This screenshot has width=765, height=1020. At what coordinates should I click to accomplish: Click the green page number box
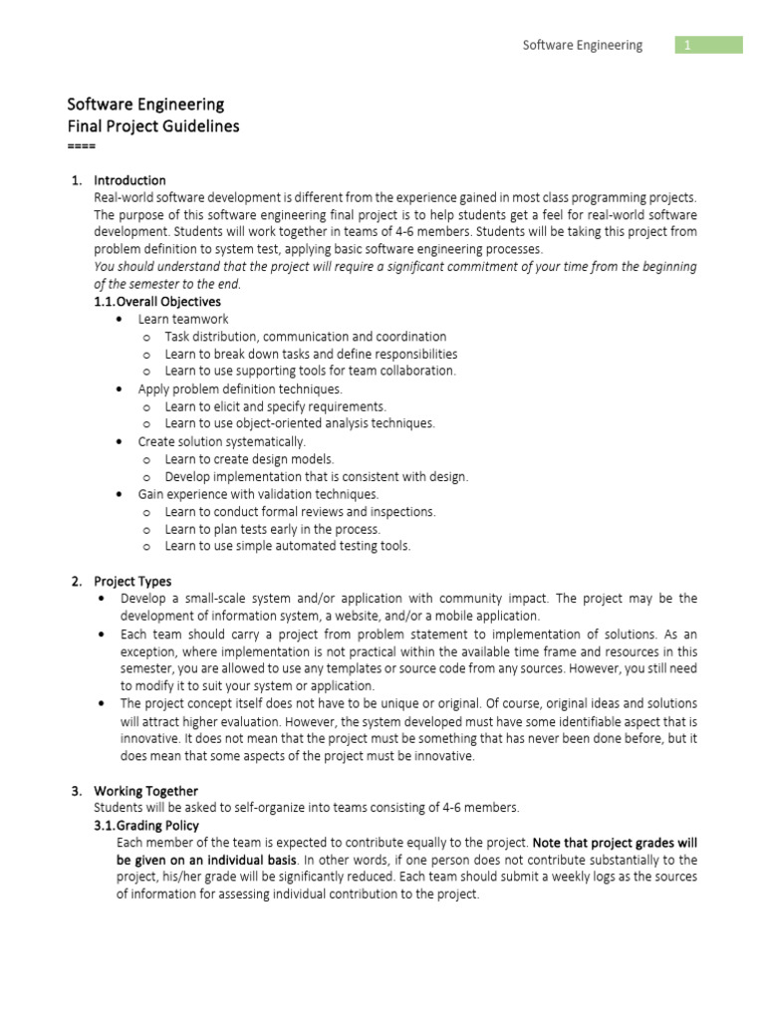pos(709,45)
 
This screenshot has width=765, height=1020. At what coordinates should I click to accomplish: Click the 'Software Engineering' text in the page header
pos(583,45)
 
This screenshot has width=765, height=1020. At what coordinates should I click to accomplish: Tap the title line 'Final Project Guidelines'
pos(152,127)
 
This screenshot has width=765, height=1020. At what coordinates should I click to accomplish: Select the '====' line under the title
pos(81,145)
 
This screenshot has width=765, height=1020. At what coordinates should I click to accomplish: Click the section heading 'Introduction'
pos(129,180)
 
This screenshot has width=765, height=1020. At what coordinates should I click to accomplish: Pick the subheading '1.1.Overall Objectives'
pos(157,301)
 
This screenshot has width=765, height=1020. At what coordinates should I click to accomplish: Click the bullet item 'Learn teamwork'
pos(183,319)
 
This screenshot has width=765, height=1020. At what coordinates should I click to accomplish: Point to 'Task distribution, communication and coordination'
pos(306,337)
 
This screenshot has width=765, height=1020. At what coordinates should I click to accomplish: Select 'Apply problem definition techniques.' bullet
pos(240,389)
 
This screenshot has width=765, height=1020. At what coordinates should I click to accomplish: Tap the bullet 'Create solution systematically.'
pos(222,441)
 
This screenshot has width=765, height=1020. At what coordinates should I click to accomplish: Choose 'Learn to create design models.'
pos(249,459)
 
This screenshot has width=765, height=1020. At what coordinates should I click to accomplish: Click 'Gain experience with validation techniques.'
pos(258,494)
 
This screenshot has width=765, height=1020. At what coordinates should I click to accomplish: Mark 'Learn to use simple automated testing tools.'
pos(288,546)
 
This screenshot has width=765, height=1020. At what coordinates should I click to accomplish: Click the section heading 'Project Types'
pos(132,581)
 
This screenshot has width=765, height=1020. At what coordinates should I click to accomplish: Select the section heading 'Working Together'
pos(145,791)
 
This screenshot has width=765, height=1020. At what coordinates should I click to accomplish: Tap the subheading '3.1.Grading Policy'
pos(146,826)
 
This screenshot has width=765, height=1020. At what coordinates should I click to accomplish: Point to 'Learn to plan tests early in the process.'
pos(273,529)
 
